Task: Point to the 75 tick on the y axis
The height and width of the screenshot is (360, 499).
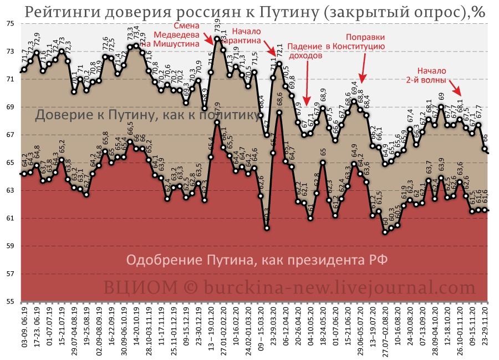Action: [x=11, y=24]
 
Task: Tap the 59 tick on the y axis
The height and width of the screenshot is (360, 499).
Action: [x=11, y=246]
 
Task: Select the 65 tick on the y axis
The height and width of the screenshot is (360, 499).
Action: [x=11, y=163]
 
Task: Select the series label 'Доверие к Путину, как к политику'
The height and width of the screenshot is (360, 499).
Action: [x=147, y=115]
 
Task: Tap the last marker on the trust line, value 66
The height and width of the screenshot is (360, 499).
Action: [x=485, y=149]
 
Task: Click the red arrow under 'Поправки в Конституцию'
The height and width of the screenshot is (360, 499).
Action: [x=364, y=69]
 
